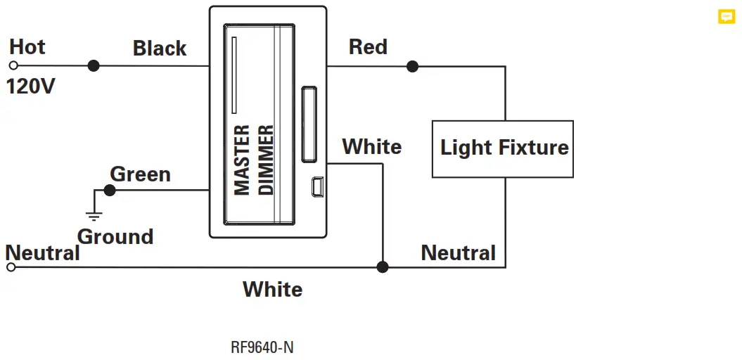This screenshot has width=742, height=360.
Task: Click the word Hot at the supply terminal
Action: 27,47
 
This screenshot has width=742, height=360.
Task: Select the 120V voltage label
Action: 30,87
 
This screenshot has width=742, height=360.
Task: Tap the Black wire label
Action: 160,49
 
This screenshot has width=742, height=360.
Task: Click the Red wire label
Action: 368,47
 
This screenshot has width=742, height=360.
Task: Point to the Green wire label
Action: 140,174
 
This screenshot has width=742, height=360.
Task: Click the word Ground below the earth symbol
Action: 115,236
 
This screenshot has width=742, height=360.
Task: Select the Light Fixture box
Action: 503,148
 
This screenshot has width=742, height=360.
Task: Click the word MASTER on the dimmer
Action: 242,160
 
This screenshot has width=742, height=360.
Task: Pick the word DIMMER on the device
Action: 267,160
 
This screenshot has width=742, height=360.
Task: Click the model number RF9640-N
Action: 262,347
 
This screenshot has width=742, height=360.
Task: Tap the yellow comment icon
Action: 726,17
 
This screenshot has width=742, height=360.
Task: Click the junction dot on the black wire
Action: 93,66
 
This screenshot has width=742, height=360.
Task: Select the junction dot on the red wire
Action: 412,67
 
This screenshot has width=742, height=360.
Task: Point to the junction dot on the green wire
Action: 109,190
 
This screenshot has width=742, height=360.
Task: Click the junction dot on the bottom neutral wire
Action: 383,267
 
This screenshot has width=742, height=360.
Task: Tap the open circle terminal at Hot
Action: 13,66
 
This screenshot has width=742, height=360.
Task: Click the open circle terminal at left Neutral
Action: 11,267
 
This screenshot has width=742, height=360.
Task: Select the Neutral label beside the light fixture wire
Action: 458,252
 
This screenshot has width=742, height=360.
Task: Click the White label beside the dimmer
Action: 371,147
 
